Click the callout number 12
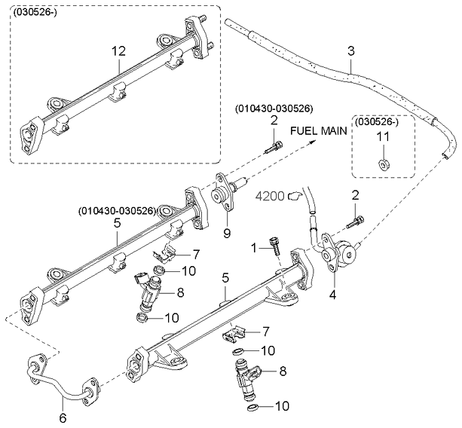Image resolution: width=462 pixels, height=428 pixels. point(118,51)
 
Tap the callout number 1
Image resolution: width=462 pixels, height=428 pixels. point(254,246)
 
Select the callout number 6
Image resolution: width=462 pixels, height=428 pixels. point(63,417)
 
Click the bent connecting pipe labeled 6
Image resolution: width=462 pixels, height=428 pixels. point(60,380)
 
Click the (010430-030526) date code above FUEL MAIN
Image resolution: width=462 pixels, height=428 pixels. point(274,108)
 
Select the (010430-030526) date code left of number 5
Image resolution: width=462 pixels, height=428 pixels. point(117,210)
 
